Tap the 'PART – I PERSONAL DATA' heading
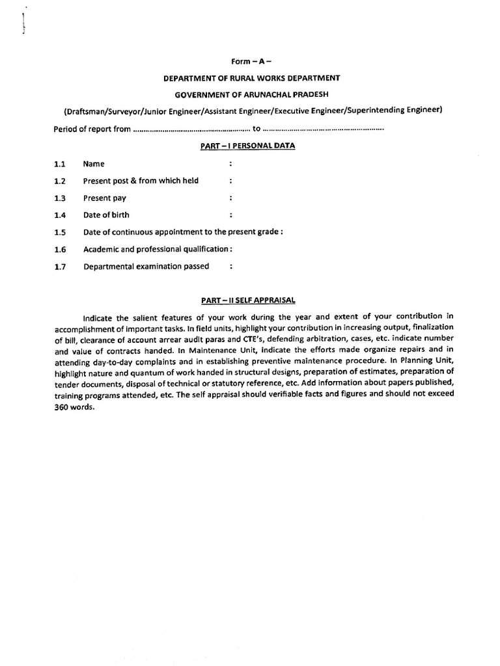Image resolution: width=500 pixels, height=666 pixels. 247,146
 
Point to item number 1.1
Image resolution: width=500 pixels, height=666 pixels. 60,165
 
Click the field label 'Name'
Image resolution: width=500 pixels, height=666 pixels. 94,165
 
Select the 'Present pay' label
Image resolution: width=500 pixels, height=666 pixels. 105,198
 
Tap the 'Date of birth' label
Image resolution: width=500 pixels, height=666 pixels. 106,215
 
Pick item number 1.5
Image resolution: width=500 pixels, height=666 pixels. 60,232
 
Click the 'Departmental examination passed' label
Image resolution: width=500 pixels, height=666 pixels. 146,266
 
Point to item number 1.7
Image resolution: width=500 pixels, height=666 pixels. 60,266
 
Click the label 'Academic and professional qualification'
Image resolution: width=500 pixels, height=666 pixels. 156,249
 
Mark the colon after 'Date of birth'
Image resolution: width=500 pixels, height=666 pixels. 231,215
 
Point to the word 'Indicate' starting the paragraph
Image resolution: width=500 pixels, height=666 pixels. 98,317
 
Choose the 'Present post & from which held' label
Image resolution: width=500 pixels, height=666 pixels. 141,181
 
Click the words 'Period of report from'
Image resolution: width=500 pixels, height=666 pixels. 92,129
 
